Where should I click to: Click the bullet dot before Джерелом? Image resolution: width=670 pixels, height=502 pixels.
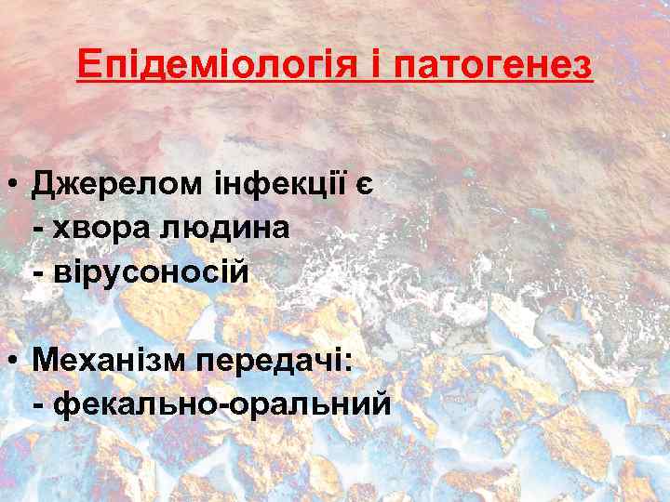point(15,184)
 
